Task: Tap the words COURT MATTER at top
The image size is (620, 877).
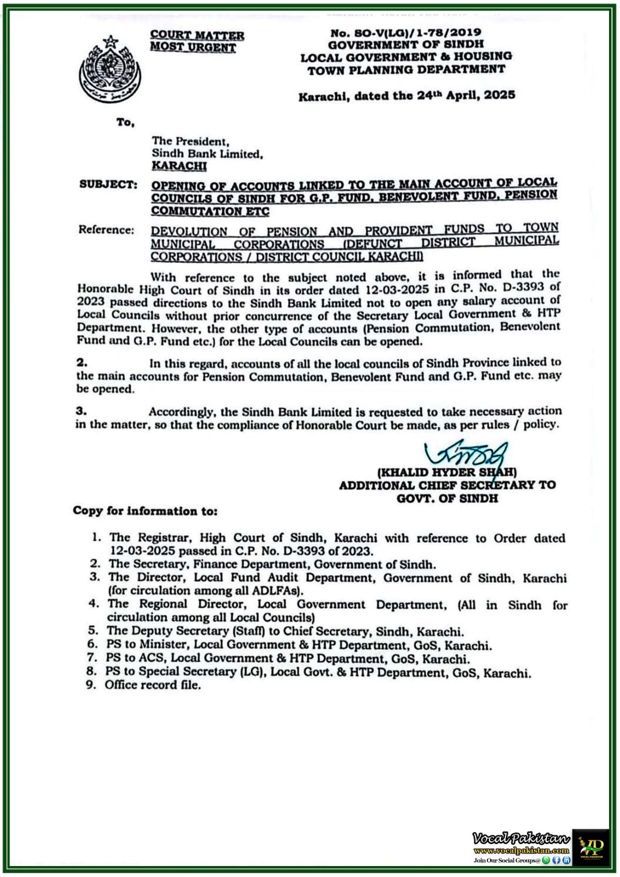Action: (197, 36)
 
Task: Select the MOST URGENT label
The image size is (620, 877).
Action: (193, 48)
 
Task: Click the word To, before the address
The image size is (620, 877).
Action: (125, 122)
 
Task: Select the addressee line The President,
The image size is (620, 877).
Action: (190, 141)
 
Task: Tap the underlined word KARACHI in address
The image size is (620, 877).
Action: (179, 166)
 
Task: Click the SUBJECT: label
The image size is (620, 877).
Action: (108, 184)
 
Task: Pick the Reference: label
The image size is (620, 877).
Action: (106, 230)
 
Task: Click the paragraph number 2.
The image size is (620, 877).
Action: (82, 363)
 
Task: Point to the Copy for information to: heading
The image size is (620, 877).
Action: (145, 511)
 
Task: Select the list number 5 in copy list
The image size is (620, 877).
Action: (94, 631)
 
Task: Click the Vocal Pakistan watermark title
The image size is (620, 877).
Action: (521, 838)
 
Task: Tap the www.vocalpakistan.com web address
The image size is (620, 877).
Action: (521, 850)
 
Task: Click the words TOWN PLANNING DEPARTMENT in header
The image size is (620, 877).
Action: (406, 70)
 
